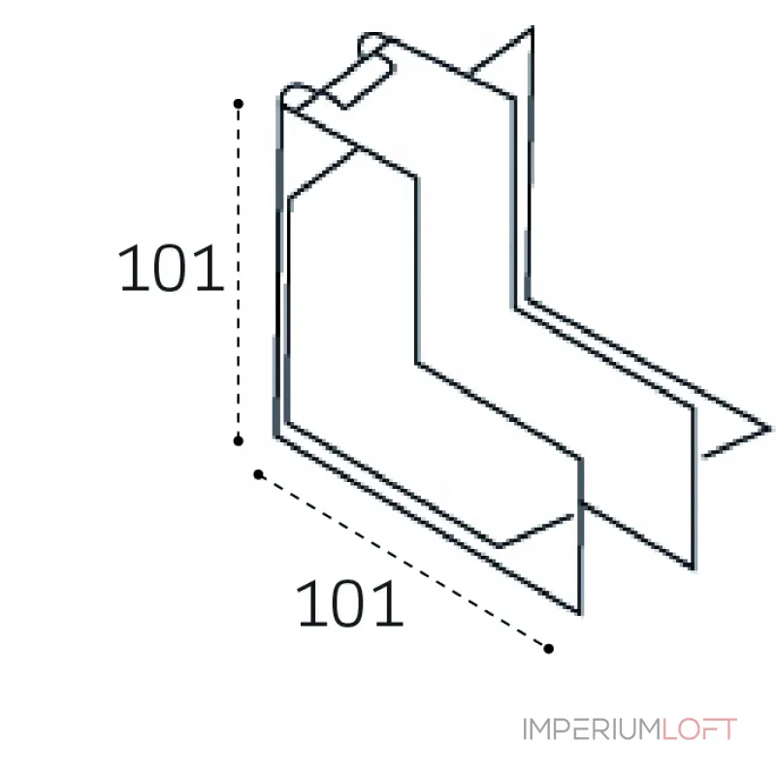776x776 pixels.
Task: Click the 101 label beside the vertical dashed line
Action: [171, 268]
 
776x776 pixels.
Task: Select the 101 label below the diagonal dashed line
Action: [349, 603]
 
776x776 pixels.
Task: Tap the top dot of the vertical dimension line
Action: [238, 104]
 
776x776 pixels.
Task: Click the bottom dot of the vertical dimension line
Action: [238, 440]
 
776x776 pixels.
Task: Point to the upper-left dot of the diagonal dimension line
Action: [258, 474]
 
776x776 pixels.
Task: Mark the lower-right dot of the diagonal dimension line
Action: [548, 648]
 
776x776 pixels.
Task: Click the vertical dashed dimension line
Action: [238, 273]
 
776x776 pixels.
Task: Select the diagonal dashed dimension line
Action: [404, 562]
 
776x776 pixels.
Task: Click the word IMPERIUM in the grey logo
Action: [592, 729]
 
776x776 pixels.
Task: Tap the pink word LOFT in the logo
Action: [699, 729]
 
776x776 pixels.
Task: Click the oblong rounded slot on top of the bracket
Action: [376, 70]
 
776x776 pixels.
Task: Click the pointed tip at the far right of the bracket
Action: [769, 429]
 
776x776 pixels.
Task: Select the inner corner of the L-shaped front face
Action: [418, 365]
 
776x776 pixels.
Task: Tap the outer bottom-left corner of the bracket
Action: [275, 436]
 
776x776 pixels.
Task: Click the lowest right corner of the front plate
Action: [579, 614]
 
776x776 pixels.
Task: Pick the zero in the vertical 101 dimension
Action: [171, 268]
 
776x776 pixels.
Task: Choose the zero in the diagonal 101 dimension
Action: [349, 603]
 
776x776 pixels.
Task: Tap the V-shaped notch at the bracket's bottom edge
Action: [499, 546]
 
